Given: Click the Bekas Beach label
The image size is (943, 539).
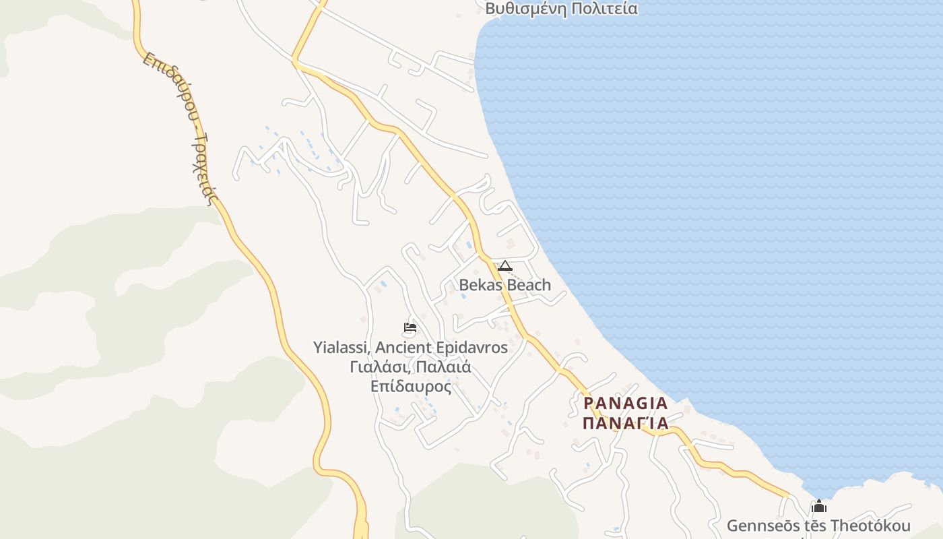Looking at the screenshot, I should (505, 285).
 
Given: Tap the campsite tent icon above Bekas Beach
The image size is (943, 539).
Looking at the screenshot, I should (505, 265).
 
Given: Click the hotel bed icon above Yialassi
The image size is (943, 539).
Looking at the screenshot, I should (410, 328).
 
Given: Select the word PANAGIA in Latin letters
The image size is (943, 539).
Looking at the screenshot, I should (625, 404).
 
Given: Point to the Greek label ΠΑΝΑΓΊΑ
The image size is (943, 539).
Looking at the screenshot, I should (625, 423).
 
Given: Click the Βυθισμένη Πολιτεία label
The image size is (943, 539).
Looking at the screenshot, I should (561, 9).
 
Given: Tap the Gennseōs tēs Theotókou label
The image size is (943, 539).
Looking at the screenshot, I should (818, 526).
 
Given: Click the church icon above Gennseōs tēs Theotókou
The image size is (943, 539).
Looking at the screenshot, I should (819, 506).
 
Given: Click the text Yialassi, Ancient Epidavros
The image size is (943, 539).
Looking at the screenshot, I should (410, 348).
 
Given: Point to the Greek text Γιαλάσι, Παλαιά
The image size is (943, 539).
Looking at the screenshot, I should (410, 367).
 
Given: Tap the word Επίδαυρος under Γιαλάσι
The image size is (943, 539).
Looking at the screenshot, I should (410, 387).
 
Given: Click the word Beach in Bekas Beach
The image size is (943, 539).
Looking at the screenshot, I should (528, 285).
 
